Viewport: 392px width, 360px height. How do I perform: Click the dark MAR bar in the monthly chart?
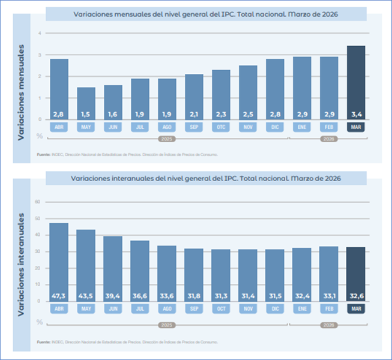[x=355, y=81]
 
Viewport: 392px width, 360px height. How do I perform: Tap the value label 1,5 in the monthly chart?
[x=86, y=114]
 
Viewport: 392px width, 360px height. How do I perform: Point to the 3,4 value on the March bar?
[x=355, y=114]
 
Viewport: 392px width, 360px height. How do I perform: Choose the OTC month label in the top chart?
[x=221, y=127]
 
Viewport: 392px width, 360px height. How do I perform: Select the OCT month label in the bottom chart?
[x=221, y=309]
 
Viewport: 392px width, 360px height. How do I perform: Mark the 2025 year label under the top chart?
[x=166, y=139]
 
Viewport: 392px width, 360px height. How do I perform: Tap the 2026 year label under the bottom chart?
[x=328, y=325]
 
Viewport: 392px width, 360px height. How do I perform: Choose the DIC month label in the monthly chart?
[x=275, y=127]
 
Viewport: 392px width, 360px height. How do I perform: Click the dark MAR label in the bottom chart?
[x=355, y=309]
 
